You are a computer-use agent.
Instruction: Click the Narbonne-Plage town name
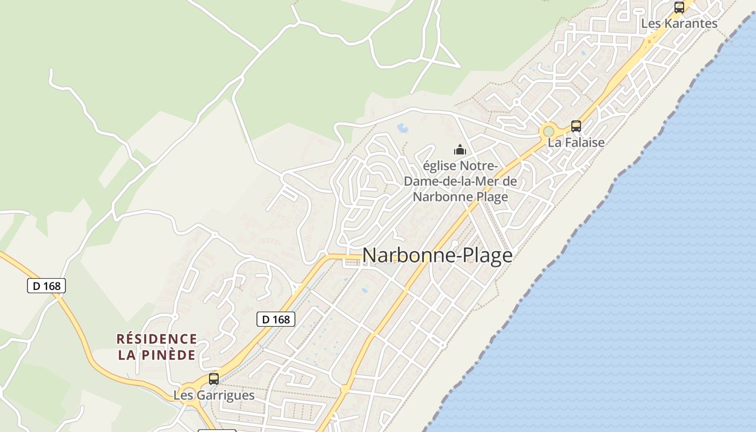point(437,255)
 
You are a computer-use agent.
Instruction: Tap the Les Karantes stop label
point(679,23)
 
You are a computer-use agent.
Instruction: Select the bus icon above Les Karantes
point(679,8)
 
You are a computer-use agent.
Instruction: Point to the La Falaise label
point(576,142)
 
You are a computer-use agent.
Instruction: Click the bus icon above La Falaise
point(576,126)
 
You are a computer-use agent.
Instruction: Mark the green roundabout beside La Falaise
point(549,131)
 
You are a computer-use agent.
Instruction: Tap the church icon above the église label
point(460,150)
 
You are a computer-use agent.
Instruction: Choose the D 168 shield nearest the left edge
point(46,286)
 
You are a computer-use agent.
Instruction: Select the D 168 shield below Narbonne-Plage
point(276,319)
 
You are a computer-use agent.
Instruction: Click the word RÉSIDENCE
point(157,339)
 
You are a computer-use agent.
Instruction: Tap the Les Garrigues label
point(214,395)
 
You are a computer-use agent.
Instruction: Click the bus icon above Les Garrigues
point(214,379)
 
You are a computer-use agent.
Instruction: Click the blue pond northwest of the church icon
point(403,128)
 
